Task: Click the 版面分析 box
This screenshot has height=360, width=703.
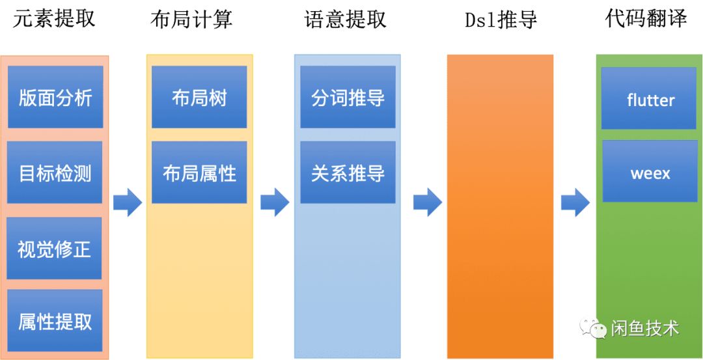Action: coord(55,98)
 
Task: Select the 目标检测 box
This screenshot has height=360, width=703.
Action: coord(55,173)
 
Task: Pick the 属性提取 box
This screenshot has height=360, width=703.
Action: coord(55,321)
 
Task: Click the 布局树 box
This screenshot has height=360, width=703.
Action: coord(199,98)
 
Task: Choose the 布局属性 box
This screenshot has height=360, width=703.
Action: coord(199,173)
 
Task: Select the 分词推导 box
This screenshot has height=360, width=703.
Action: coord(348,98)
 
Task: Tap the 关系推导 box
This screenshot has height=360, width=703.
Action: coord(348,173)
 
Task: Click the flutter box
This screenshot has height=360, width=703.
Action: coord(650,99)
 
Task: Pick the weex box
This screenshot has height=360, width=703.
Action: coord(650,173)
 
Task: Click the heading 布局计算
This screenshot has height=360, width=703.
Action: coord(191,20)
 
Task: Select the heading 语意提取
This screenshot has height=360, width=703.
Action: coord(346,20)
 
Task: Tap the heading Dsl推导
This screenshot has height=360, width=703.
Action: coord(501,20)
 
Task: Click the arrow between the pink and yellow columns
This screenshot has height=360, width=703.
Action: coord(128,202)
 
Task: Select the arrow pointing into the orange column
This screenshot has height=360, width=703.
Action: coord(427,202)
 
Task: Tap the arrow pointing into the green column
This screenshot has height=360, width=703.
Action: coord(575,202)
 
